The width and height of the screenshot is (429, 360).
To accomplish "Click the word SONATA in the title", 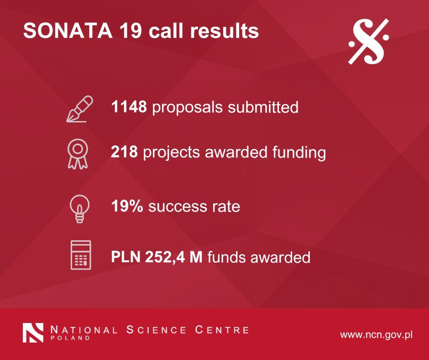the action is (68, 31).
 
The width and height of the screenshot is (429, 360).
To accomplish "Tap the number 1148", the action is (129, 106).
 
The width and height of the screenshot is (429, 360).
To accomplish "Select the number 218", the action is (124, 152).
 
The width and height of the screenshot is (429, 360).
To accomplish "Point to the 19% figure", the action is (127, 206).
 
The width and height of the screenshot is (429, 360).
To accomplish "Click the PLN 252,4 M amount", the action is (157, 257).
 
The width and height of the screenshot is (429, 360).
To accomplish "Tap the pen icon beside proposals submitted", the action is (79, 109).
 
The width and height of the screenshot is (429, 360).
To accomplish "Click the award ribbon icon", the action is (78, 154).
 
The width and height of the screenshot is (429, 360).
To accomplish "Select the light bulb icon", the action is (79, 209).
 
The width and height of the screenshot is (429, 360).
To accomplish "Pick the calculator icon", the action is (81, 255).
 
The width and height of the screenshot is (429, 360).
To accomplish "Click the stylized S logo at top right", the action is (368, 42).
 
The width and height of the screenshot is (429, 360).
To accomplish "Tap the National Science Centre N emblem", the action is (33, 333).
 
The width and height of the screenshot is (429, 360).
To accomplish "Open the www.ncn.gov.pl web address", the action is (376, 335).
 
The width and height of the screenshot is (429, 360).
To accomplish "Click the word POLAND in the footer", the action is (70, 338).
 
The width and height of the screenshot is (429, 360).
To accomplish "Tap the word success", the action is (177, 206).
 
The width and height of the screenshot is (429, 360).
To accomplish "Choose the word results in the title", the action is (225, 31).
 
